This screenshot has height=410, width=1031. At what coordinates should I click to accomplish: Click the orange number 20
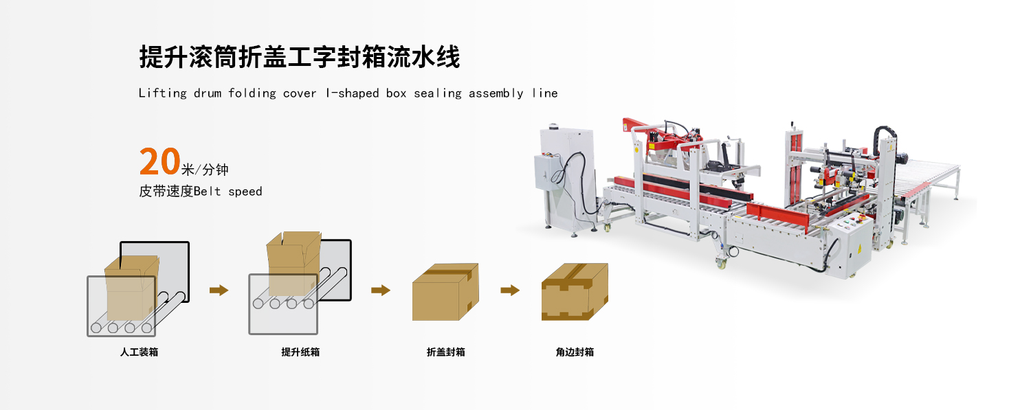click(x=159, y=162)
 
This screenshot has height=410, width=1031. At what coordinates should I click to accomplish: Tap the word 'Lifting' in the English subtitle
click(x=162, y=93)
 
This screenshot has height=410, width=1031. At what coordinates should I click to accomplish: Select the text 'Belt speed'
click(x=228, y=192)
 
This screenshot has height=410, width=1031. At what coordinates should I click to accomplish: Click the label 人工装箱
click(x=139, y=352)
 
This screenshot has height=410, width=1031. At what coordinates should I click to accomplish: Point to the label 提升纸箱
click(x=300, y=352)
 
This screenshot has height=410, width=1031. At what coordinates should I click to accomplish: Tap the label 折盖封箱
click(x=445, y=352)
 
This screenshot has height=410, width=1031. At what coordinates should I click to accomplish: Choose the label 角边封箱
click(x=575, y=352)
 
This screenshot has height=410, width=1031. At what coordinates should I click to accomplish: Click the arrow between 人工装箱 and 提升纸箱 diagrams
click(x=219, y=290)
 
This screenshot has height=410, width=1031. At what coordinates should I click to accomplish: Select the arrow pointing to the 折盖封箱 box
click(x=380, y=290)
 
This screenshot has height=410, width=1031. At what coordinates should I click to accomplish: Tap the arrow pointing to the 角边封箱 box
click(x=509, y=290)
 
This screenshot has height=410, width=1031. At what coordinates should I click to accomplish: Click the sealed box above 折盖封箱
click(x=445, y=293)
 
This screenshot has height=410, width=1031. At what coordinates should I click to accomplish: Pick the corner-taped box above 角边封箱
click(x=575, y=292)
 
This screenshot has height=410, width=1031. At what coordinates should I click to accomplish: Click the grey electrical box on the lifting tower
click(x=549, y=172)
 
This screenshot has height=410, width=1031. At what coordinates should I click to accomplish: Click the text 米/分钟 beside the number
click(x=205, y=170)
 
